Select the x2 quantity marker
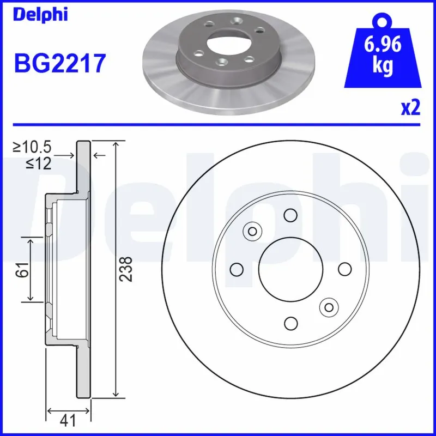pos(410,108)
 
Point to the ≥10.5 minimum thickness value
pos(32,148)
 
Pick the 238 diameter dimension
pos(126,269)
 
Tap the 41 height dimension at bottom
pos(68,421)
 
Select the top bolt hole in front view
pos(290,215)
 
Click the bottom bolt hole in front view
pos(290,323)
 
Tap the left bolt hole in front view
pos(237,269)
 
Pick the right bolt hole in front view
pos(344,269)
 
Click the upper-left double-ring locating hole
pos(252,231)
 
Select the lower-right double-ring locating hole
pos(329,307)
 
